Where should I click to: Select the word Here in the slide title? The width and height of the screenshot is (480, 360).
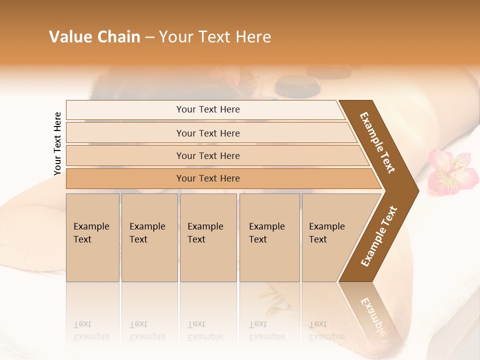(253, 37)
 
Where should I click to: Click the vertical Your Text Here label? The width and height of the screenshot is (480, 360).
(57, 143)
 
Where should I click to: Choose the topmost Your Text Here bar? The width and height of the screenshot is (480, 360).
(207, 109)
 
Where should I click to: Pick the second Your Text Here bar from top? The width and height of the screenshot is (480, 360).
(207, 133)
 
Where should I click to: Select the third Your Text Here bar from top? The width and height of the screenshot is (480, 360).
(207, 155)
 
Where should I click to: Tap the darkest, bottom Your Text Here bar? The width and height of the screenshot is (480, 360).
(207, 178)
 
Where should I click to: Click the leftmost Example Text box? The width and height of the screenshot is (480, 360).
(92, 237)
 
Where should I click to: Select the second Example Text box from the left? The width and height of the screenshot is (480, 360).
(149, 237)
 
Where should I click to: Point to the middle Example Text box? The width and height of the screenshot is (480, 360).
(208, 237)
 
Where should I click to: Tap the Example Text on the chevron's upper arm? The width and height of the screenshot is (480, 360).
(377, 142)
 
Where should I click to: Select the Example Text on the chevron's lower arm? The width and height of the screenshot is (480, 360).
(379, 236)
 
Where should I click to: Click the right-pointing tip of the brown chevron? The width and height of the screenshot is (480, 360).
(416, 190)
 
